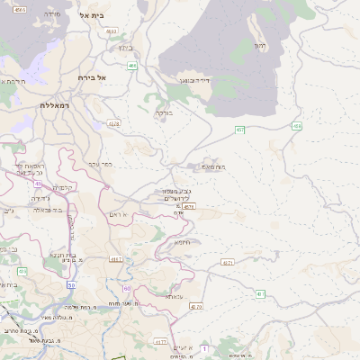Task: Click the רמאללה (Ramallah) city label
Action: pyautogui.click(x=54, y=105)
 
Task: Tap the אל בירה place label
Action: pyautogui.click(x=93, y=78)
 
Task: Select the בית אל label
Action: pyautogui.click(x=92, y=15)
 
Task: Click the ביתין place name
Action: pyautogui.click(x=126, y=48)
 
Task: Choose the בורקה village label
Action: pyautogui.click(x=162, y=112)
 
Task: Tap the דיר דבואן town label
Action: pyautogui.click(x=194, y=80)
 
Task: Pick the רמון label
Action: pyautogui.click(x=260, y=44)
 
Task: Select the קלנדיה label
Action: pyautogui.click(x=62, y=187)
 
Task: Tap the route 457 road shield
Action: pyautogui.click(x=240, y=130)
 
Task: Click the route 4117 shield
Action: pyautogui.click(x=115, y=258)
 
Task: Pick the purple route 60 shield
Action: pyautogui.click(x=126, y=288)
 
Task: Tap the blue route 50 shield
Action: pyautogui.click(x=71, y=284)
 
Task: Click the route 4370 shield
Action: pyautogui.click(x=195, y=307)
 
